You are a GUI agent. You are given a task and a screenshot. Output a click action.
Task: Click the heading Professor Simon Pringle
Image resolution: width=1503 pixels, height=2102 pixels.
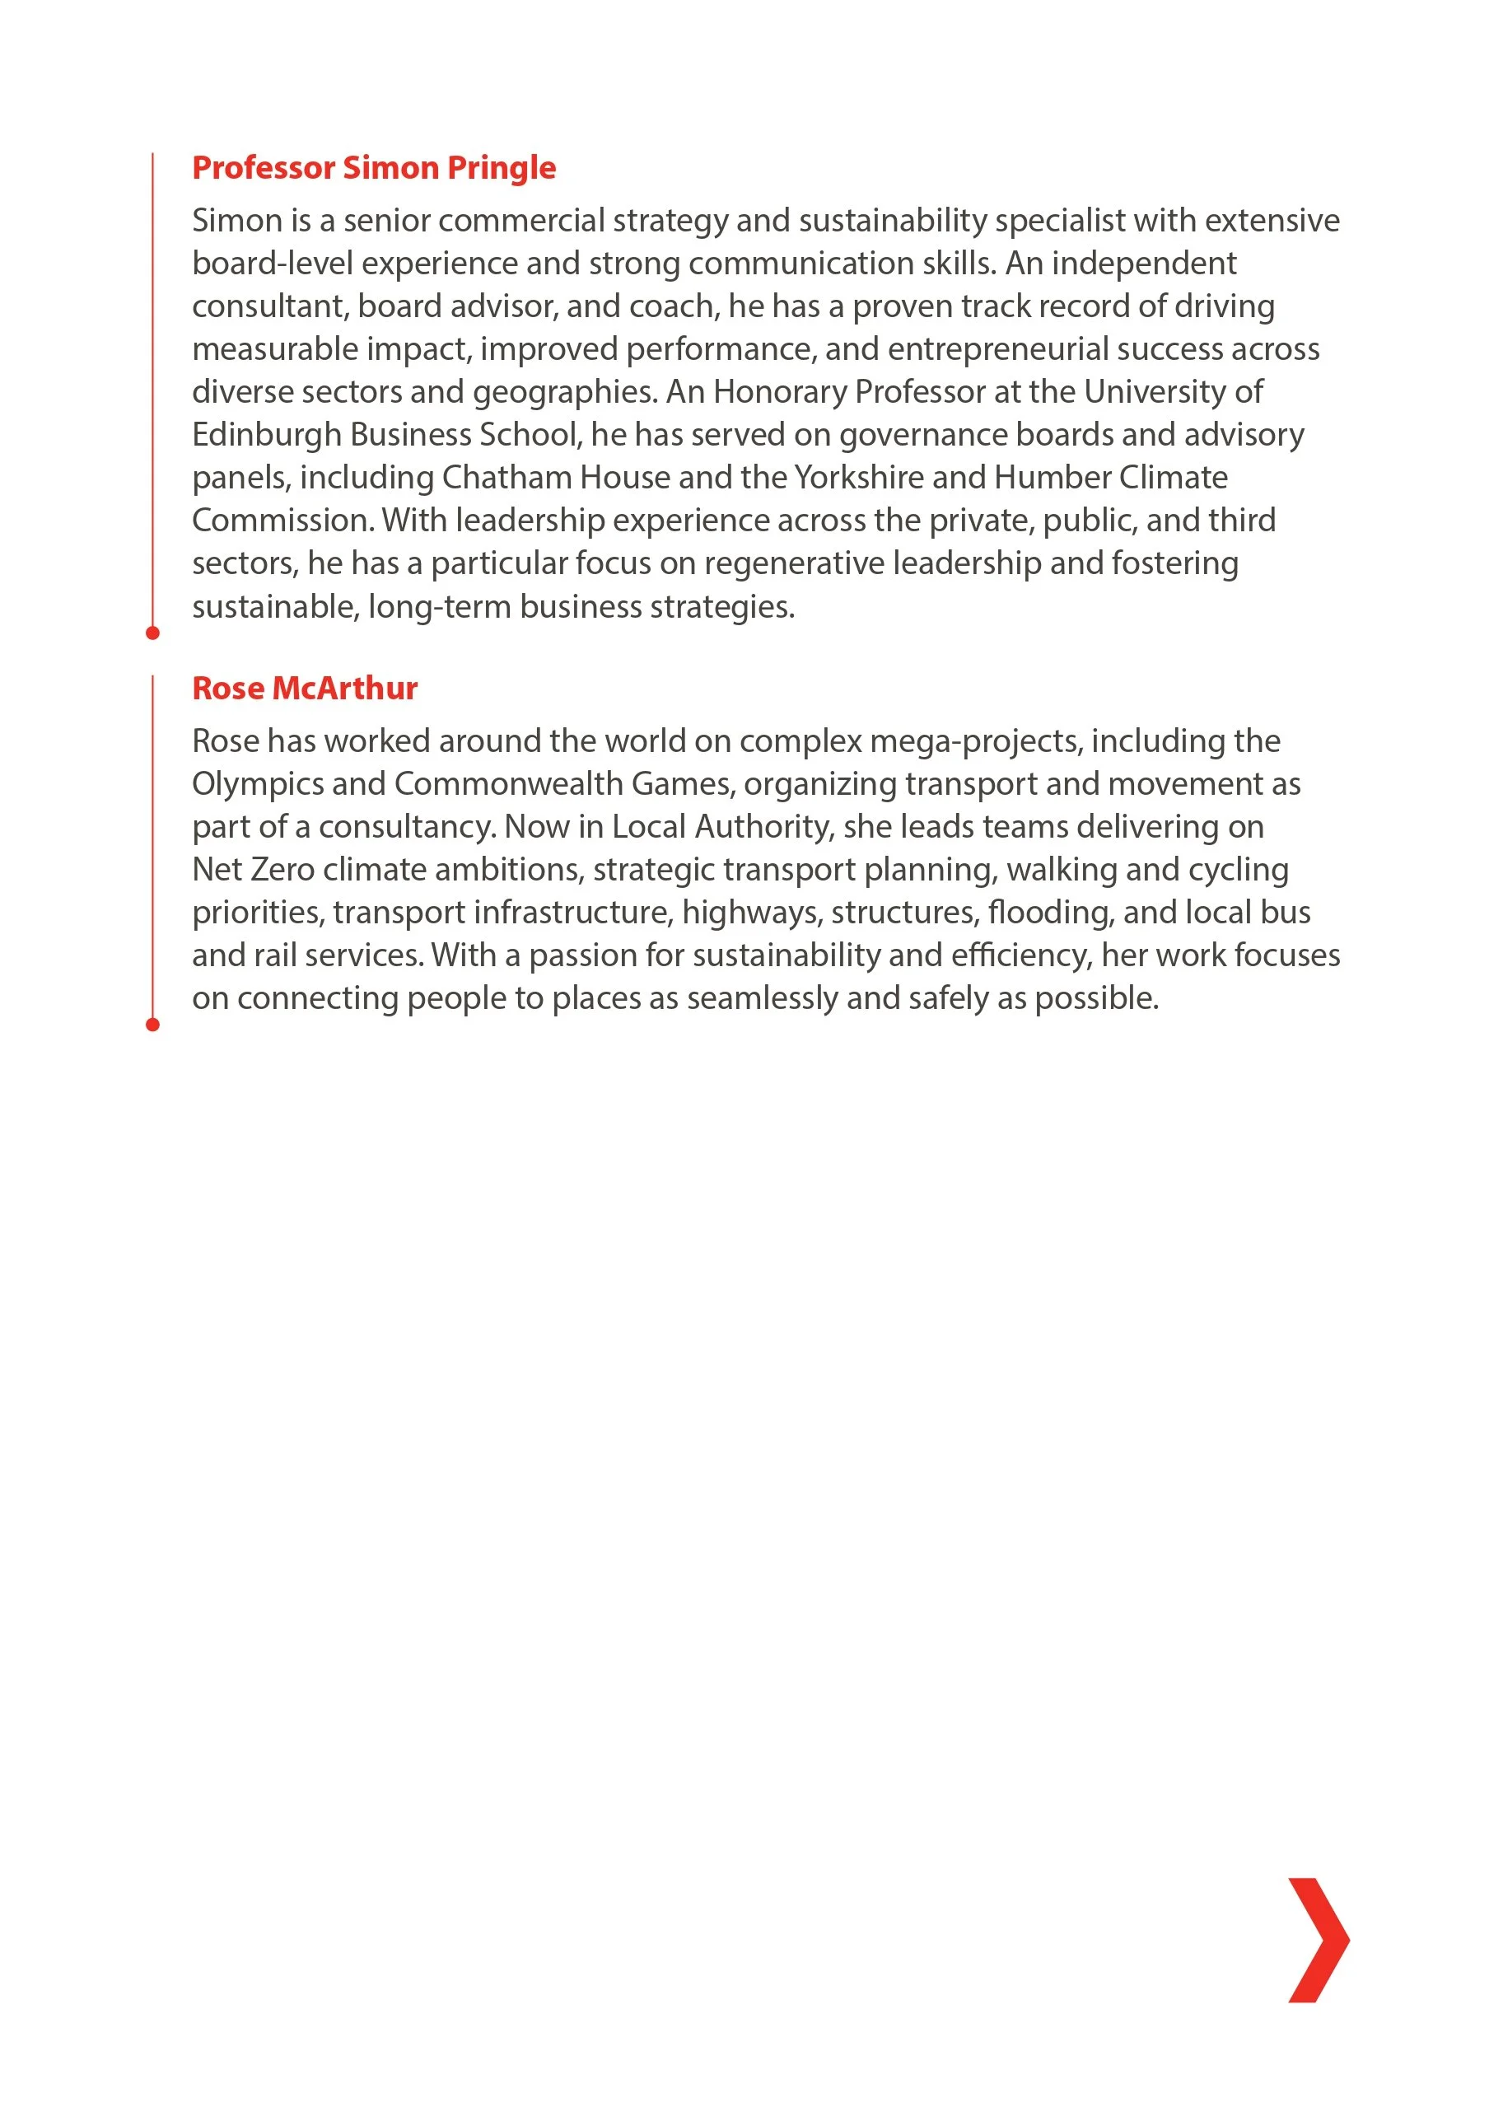coord(374,167)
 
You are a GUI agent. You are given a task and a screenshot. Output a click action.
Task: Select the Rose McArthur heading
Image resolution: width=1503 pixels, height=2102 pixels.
coord(305,688)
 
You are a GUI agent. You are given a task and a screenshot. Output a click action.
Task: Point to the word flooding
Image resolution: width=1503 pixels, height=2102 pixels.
coord(1050,913)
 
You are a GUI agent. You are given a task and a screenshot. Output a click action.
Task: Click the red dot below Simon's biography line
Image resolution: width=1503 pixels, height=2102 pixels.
coord(152,633)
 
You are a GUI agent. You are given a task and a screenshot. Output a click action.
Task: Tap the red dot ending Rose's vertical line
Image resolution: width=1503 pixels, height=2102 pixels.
coord(152,1025)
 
